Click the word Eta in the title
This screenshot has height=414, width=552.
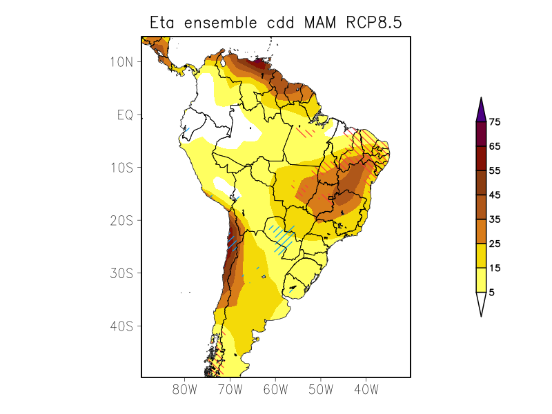[164, 23]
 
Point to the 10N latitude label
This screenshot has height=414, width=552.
[121, 62]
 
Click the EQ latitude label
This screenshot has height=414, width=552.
[125, 115]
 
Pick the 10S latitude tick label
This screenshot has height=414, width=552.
[121, 168]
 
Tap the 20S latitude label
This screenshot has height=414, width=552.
[121, 220]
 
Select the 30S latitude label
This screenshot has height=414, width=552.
[121, 273]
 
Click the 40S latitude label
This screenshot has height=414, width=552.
[121, 326]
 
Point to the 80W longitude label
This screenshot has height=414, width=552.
[185, 390]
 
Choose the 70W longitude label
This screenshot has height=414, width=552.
[230, 390]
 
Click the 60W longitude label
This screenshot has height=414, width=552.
[275, 390]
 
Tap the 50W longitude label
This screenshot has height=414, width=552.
[321, 390]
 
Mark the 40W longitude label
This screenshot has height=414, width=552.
[366, 390]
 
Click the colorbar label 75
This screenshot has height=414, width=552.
[494, 122]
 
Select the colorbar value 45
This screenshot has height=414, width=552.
[494, 195]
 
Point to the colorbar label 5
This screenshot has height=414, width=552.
[491, 293]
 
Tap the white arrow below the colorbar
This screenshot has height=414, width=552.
[481, 304]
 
